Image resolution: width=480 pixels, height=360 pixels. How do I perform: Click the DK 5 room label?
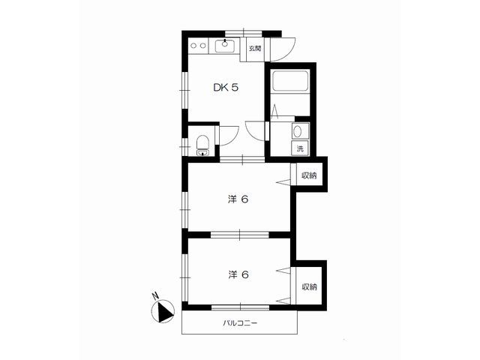pos(226,88)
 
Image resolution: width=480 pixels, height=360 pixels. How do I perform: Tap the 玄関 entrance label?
pos(255,48)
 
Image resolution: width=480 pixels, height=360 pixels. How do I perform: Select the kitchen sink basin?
pos(225,46)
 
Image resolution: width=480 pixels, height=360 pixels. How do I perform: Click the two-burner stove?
pos(198,46)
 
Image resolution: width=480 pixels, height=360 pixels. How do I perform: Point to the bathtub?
pos(290,81)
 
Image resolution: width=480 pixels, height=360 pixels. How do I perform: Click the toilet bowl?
pos(202,142)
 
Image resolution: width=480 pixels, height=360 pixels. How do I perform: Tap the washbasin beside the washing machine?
pos(297,132)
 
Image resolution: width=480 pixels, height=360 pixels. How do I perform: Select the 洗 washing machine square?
pos(300,148)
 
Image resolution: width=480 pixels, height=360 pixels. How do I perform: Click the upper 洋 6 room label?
pos(238,199)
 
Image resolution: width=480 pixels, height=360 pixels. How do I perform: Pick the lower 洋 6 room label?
pos(238,274)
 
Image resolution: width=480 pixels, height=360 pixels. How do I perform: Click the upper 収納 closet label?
pos(309,175)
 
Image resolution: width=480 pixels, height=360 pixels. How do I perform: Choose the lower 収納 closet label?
pos(310,286)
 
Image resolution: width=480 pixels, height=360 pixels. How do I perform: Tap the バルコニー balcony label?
pos(240,322)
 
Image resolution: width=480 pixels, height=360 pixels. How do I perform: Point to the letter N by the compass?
pos(155,295)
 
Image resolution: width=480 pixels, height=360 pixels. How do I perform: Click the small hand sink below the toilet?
pos(202,153)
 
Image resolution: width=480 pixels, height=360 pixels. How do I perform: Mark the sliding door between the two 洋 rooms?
pos(240,235)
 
